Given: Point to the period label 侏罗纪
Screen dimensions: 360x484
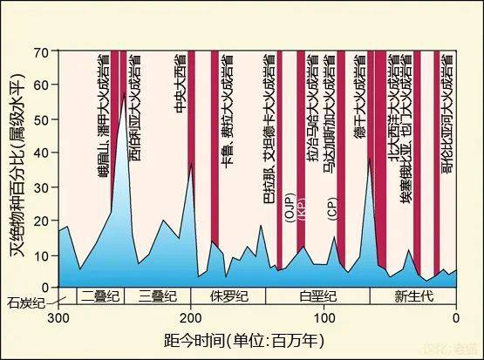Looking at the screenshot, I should click(222, 295).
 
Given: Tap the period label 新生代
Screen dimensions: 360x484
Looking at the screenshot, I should click(412, 295).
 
